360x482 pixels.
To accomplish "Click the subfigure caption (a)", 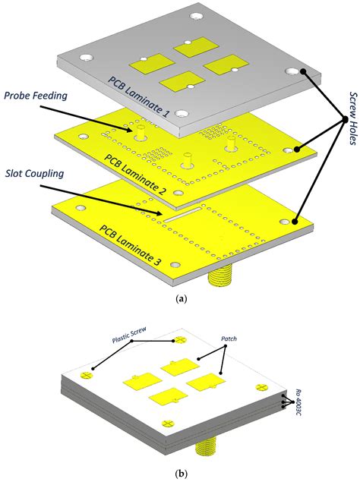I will pos(180,300).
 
